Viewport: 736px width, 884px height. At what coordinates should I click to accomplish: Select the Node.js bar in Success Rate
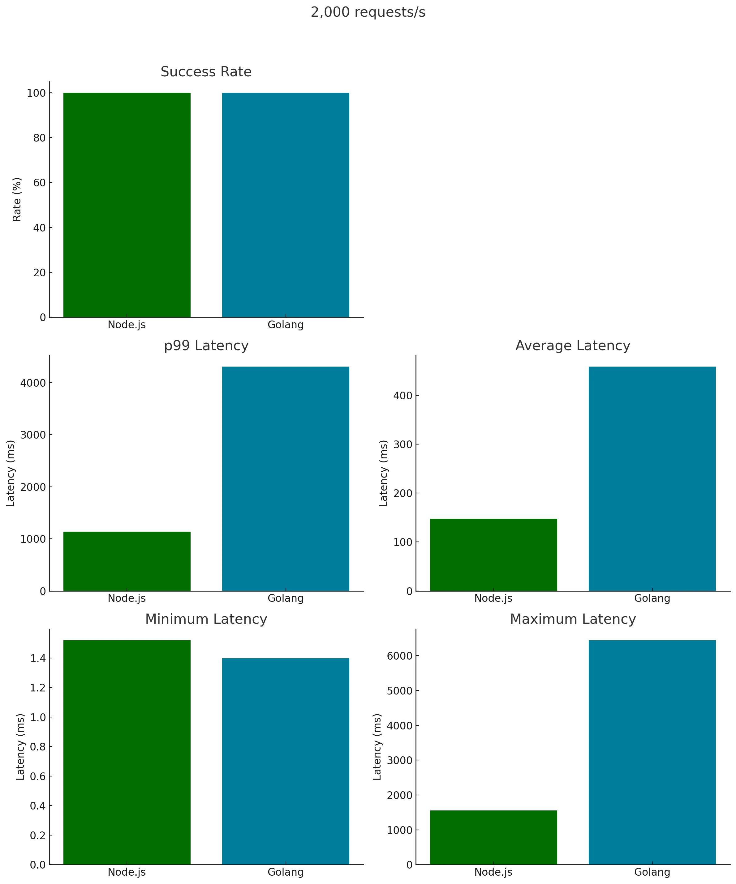click(127, 205)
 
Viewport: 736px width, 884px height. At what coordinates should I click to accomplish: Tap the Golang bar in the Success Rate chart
click(285, 205)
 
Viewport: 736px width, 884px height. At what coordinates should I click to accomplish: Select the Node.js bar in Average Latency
click(493, 555)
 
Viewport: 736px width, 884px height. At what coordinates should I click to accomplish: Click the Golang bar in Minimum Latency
click(285, 761)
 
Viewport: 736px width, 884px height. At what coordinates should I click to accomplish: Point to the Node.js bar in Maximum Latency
click(493, 837)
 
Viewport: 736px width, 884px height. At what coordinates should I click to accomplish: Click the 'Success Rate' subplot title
click(206, 72)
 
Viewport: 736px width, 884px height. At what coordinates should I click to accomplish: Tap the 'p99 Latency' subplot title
click(206, 346)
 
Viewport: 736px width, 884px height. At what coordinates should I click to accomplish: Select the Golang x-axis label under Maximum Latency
click(652, 872)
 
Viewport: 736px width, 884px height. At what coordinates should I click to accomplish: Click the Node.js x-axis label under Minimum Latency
click(127, 872)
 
